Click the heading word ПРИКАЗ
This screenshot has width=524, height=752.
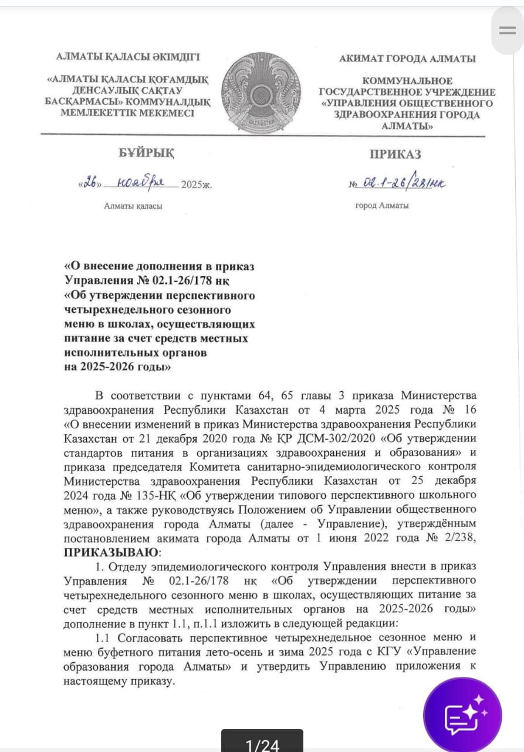pyautogui.click(x=395, y=155)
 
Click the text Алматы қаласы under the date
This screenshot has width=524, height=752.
pyautogui.click(x=133, y=206)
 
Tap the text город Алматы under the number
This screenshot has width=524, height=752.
pyautogui.click(x=382, y=206)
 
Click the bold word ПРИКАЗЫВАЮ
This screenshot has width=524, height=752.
pyautogui.click(x=111, y=553)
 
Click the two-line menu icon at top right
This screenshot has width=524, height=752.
pyautogui.click(x=507, y=31)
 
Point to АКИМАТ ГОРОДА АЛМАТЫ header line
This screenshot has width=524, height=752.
pyautogui.click(x=407, y=59)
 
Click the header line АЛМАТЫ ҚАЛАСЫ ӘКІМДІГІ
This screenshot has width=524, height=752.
pyautogui.click(x=128, y=58)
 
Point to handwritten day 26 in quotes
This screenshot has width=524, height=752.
pyautogui.click(x=90, y=183)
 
